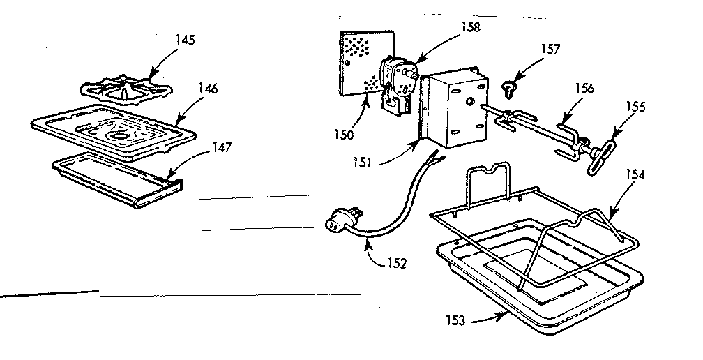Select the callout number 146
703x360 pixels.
pos(207,89)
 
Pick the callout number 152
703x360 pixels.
pos(397,263)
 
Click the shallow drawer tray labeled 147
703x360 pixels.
pos(115,178)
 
